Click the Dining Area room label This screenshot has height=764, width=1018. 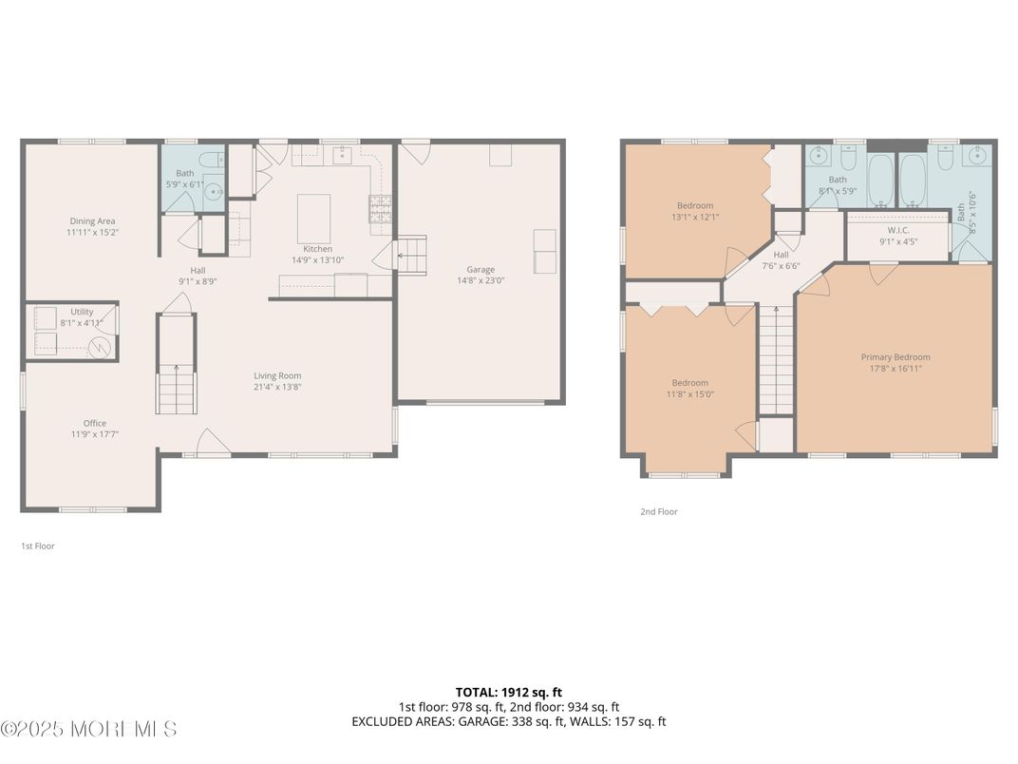[x=92, y=221]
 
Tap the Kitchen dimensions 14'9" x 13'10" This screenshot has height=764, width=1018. [x=317, y=260]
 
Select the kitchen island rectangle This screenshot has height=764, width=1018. [x=314, y=219]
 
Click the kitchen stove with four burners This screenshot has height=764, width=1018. [x=380, y=207]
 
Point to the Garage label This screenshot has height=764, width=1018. [x=480, y=269]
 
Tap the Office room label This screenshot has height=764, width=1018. [x=94, y=423]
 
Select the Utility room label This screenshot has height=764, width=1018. [x=82, y=312]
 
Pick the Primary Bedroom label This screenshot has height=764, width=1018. [x=895, y=357]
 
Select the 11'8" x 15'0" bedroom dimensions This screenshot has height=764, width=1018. [x=689, y=394]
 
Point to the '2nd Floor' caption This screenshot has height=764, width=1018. [x=658, y=511]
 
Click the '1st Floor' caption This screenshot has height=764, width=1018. [x=38, y=546]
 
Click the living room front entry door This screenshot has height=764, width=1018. [x=214, y=444]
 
